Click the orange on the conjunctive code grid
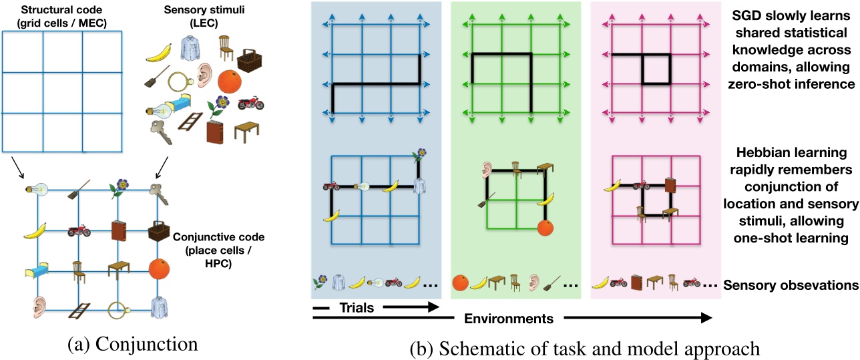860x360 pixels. (x=158, y=269)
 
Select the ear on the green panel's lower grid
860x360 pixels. (x=483, y=172)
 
